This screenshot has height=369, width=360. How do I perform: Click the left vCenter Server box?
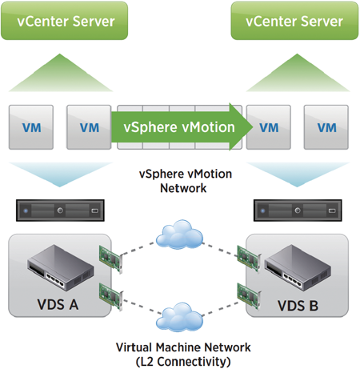point(65,21)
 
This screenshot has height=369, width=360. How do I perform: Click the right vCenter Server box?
point(294,21)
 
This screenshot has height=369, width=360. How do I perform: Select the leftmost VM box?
point(31,127)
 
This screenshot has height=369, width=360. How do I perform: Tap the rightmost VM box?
point(326,127)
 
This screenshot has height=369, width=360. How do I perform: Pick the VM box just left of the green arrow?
point(89,127)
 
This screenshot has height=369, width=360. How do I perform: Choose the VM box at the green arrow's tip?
point(269,127)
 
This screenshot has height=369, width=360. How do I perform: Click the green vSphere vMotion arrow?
point(182,127)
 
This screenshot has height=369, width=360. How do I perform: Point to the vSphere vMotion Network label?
point(186,181)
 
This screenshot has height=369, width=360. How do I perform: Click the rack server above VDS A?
point(60,211)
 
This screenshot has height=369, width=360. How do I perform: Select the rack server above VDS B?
point(298,211)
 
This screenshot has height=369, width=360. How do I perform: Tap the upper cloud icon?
point(179,235)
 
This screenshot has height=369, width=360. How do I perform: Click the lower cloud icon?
point(179,317)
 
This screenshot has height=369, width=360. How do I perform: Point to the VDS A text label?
point(58,304)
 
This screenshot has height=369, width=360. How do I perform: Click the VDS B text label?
point(298,306)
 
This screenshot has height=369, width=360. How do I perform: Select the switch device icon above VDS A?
point(61,267)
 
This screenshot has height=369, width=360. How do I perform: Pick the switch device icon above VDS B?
point(298,267)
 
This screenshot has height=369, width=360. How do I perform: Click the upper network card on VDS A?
point(111,259)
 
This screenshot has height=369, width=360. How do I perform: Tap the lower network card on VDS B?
point(249,296)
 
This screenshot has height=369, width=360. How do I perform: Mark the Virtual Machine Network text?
point(183,347)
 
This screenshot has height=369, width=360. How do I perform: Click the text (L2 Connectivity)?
point(183,362)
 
